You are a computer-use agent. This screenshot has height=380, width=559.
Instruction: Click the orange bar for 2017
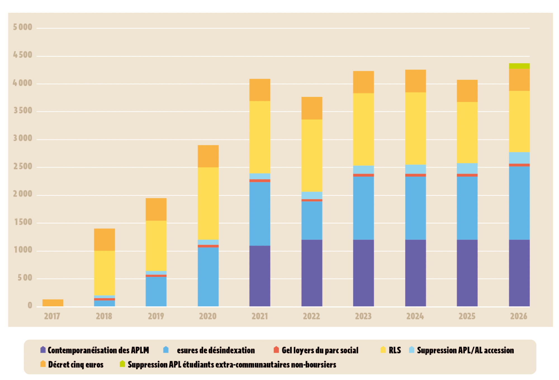[53, 303]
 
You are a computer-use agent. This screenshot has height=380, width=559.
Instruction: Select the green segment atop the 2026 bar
[519, 66]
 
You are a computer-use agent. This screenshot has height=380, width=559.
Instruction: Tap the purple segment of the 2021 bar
[260, 276]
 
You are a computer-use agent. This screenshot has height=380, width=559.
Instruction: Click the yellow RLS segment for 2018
[104, 273]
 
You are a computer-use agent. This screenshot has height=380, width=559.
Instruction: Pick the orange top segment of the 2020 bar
[208, 156]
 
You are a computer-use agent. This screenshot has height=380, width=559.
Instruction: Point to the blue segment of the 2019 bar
[156, 291]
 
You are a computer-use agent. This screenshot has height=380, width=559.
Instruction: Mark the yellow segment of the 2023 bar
[363, 129]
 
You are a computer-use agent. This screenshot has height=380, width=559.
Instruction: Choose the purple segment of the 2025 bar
[467, 273]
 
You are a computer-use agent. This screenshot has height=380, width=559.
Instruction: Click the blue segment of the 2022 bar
[312, 220]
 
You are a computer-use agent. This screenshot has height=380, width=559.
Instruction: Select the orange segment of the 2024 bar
[415, 81]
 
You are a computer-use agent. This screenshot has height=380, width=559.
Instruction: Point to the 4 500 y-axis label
[23, 55]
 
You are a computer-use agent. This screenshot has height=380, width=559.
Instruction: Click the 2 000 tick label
[23, 194]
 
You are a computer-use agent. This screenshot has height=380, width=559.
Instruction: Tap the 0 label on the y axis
[30, 305]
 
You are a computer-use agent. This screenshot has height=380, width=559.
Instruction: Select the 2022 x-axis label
[311, 316]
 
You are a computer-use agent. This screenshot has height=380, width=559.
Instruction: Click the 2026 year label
[519, 316]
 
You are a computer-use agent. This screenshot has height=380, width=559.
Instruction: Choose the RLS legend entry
[394, 350]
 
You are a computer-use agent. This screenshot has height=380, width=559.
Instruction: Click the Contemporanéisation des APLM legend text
[98, 350]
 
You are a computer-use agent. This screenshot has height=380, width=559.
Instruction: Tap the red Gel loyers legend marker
[276, 350]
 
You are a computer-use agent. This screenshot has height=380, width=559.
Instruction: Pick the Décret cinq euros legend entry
[75, 364]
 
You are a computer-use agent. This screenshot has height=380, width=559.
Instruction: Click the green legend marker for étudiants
[122, 364]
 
